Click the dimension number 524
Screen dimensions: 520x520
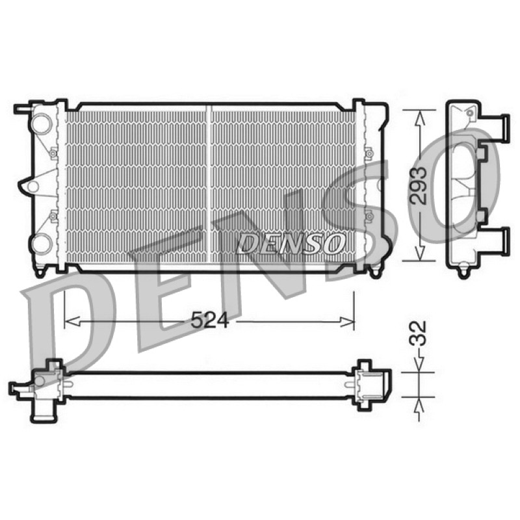[x=209, y=320]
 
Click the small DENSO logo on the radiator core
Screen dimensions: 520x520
[x=290, y=243]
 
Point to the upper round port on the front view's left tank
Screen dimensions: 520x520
[x=42, y=123]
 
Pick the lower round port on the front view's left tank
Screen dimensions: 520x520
[x=42, y=243]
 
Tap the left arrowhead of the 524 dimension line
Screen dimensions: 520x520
[x=72, y=321]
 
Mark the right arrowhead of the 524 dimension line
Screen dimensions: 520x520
[x=346, y=321]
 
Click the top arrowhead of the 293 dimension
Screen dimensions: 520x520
[x=419, y=118]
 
